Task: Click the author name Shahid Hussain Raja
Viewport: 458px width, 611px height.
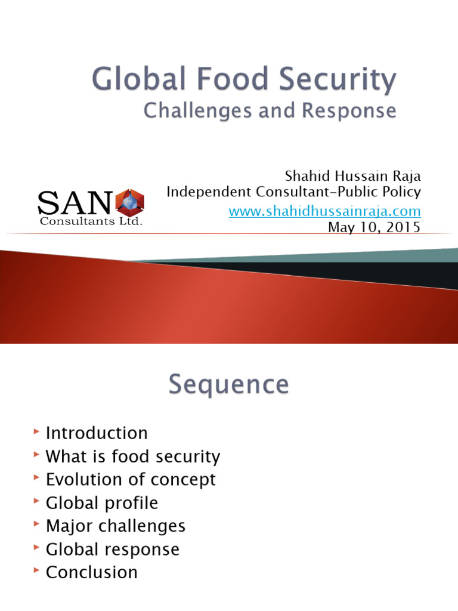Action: (x=352, y=177)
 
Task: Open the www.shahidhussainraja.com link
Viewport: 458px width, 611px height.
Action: (x=325, y=211)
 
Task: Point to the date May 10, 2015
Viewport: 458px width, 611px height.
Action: (x=375, y=227)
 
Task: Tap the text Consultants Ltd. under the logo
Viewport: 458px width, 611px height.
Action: (x=91, y=221)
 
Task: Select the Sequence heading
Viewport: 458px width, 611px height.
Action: (x=228, y=385)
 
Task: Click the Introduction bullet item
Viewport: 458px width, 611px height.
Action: (x=97, y=433)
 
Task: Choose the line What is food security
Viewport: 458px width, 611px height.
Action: (x=133, y=457)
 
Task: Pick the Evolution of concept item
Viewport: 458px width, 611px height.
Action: (x=131, y=480)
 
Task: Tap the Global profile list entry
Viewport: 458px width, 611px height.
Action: (x=102, y=503)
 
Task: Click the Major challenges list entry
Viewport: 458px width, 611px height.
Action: (x=116, y=526)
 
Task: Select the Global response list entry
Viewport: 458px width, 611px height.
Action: (x=113, y=549)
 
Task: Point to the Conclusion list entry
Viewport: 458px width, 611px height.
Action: (x=92, y=572)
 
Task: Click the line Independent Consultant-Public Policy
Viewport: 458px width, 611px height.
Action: (x=293, y=192)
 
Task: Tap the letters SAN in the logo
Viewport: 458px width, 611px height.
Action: (x=75, y=202)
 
